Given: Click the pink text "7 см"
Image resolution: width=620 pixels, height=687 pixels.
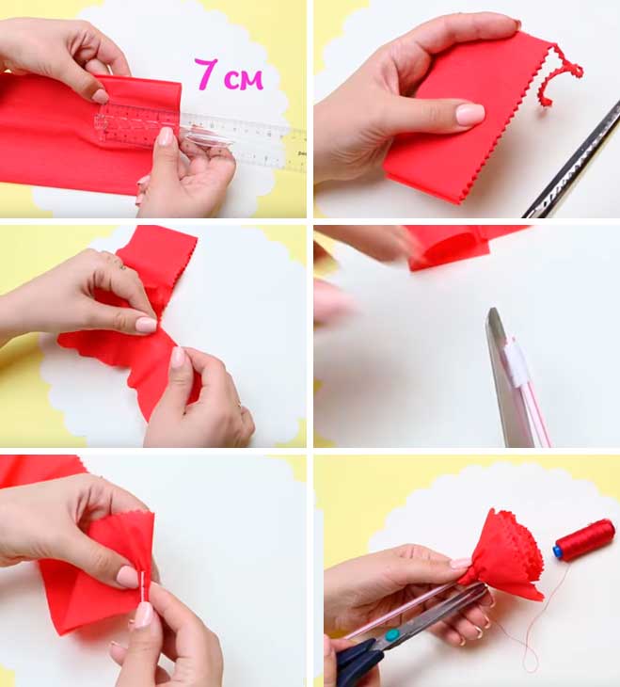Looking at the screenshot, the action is pyautogui.click(x=229, y=74).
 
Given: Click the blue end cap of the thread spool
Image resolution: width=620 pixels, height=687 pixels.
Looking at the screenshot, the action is pyautogui.click(x=557, y=551).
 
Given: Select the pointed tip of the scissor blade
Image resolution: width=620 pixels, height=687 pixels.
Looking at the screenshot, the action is pyautogui.click(x=492, y=311).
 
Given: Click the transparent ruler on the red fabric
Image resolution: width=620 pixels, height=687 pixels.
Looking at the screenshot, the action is pyautogui.click(x=199, y=135).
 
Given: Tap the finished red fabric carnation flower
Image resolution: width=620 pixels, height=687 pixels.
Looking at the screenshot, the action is pyautogui.click(x=504, y=556).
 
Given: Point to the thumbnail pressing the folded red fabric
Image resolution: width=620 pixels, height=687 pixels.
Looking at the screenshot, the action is pyautogui.click(x=469, y=114).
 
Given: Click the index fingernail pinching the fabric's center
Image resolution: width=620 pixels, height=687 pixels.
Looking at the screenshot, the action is pyautogui.click(x=146, y=325).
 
